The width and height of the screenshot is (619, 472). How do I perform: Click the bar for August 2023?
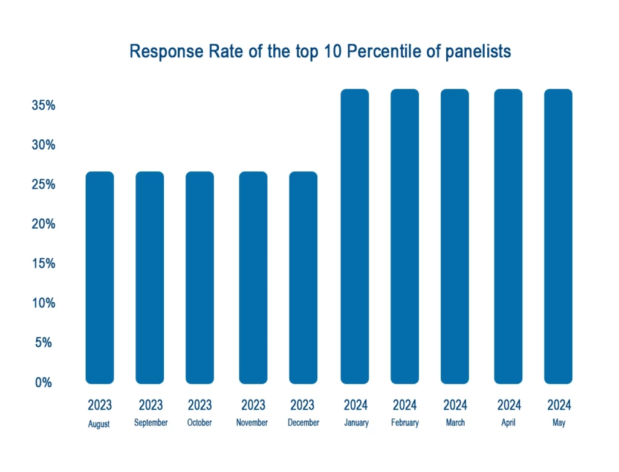[100, 278]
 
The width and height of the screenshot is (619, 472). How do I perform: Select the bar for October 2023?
[199, 278]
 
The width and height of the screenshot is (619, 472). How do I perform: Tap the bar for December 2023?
[303, 278]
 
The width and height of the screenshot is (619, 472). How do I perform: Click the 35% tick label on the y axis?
[43, 106]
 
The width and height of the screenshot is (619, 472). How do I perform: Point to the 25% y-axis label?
[43, 185]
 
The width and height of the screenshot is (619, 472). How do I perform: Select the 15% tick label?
[43, 264]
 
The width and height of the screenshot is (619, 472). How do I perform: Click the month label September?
[151, 423]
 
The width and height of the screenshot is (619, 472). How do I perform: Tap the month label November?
[253, 423]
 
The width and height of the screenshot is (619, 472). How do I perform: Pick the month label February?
[405, 423]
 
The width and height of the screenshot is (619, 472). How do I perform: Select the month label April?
[508, 423]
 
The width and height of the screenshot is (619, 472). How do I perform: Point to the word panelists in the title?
[478, 52]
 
